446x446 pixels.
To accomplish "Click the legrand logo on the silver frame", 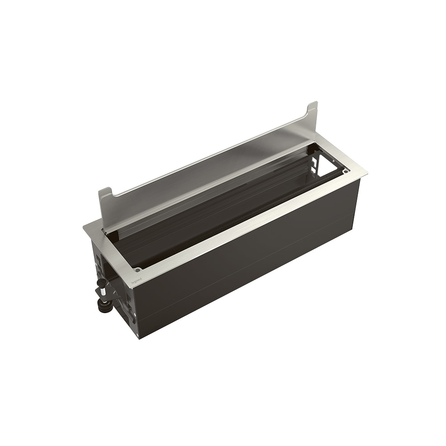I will (x=136, y=280).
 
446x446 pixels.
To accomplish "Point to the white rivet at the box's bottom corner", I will (x=134, y=331).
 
